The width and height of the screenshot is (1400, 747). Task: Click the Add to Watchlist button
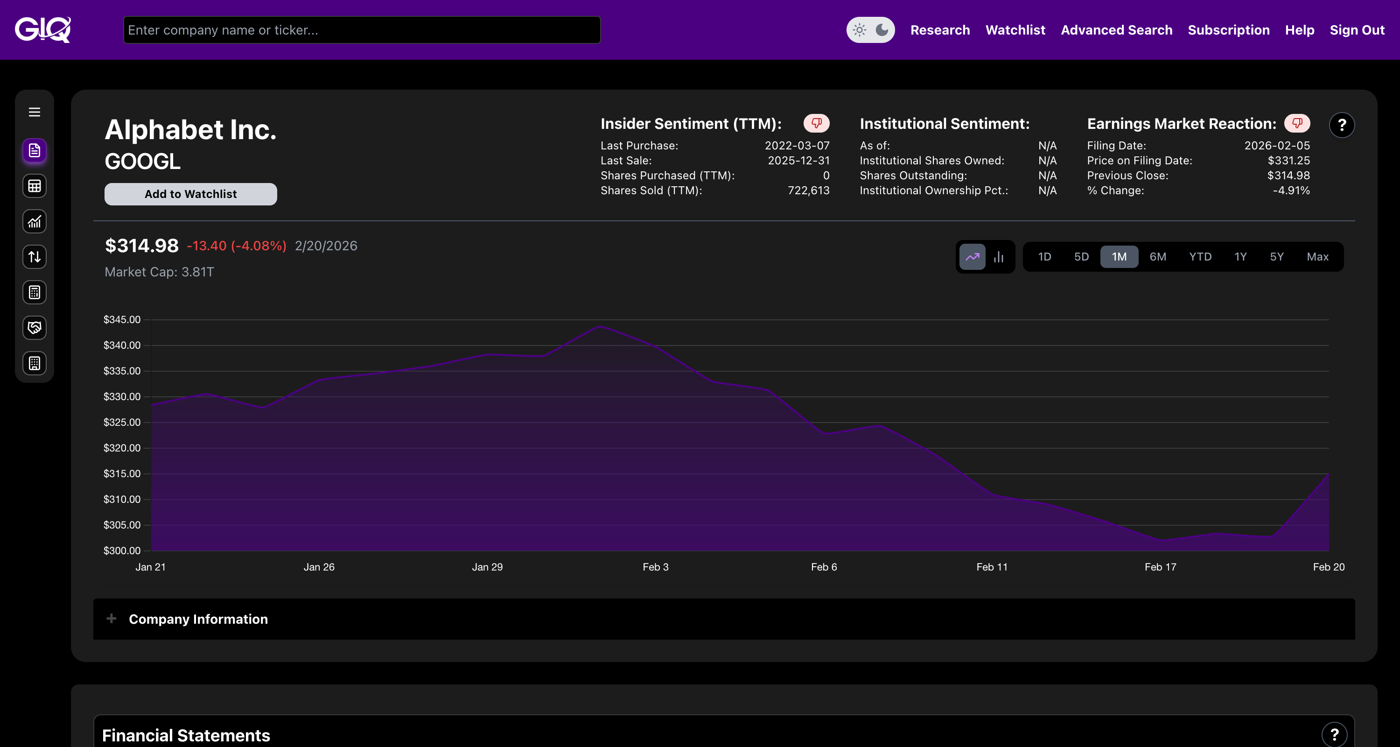click(190, 194)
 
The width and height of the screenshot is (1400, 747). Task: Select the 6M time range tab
click(1158, 257)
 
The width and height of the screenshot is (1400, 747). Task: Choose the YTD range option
click(1200, 257)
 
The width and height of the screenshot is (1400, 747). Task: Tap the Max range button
click(1317, 257)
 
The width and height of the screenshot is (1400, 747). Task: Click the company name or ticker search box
click(361, 30)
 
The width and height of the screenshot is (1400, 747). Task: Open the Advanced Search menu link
click(1116, 30)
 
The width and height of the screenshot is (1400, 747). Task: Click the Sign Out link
click(1357, 30)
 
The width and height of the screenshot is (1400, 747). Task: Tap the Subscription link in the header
click(1228, 30)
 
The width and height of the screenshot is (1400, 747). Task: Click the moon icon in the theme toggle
click(882, 30)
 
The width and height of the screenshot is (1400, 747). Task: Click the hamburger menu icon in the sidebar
click(34, 112)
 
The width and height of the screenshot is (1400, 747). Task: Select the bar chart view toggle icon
click(998, 257)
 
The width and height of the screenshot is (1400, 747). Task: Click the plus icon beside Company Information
click(112, 619)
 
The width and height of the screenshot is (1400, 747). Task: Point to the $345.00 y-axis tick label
click(122, 320)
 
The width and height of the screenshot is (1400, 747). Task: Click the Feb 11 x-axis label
click(992, 567)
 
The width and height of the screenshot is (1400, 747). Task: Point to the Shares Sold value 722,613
click(808, 190)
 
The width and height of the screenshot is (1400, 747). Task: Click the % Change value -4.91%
click(1291, 190)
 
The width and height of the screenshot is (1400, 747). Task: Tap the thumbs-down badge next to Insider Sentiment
click(816, 123)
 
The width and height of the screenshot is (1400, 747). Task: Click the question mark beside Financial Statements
click(1334, 735)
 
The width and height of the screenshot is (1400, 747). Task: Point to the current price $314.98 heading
click(141, 246)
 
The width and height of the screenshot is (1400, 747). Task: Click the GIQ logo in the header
click(43, 30)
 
